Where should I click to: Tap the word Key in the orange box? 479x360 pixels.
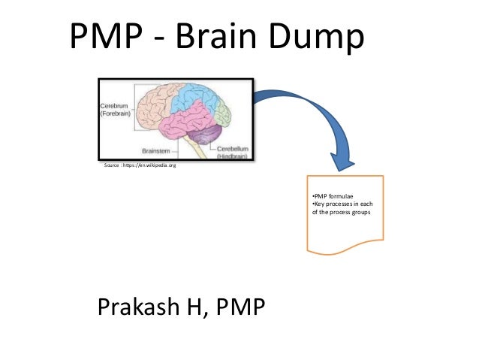[318, 204]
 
